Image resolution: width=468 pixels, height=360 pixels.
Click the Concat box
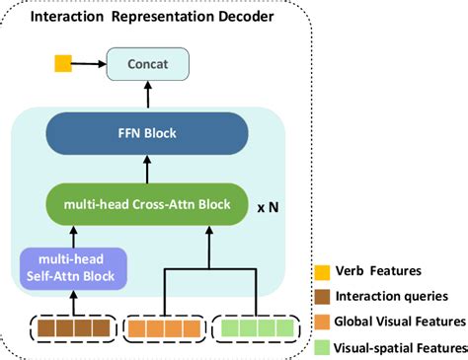148,65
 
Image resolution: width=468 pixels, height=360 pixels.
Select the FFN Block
147,132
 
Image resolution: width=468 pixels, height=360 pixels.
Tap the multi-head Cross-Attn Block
147,204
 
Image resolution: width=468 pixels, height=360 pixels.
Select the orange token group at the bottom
165,326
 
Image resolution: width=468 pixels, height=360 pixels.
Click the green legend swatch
320,345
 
